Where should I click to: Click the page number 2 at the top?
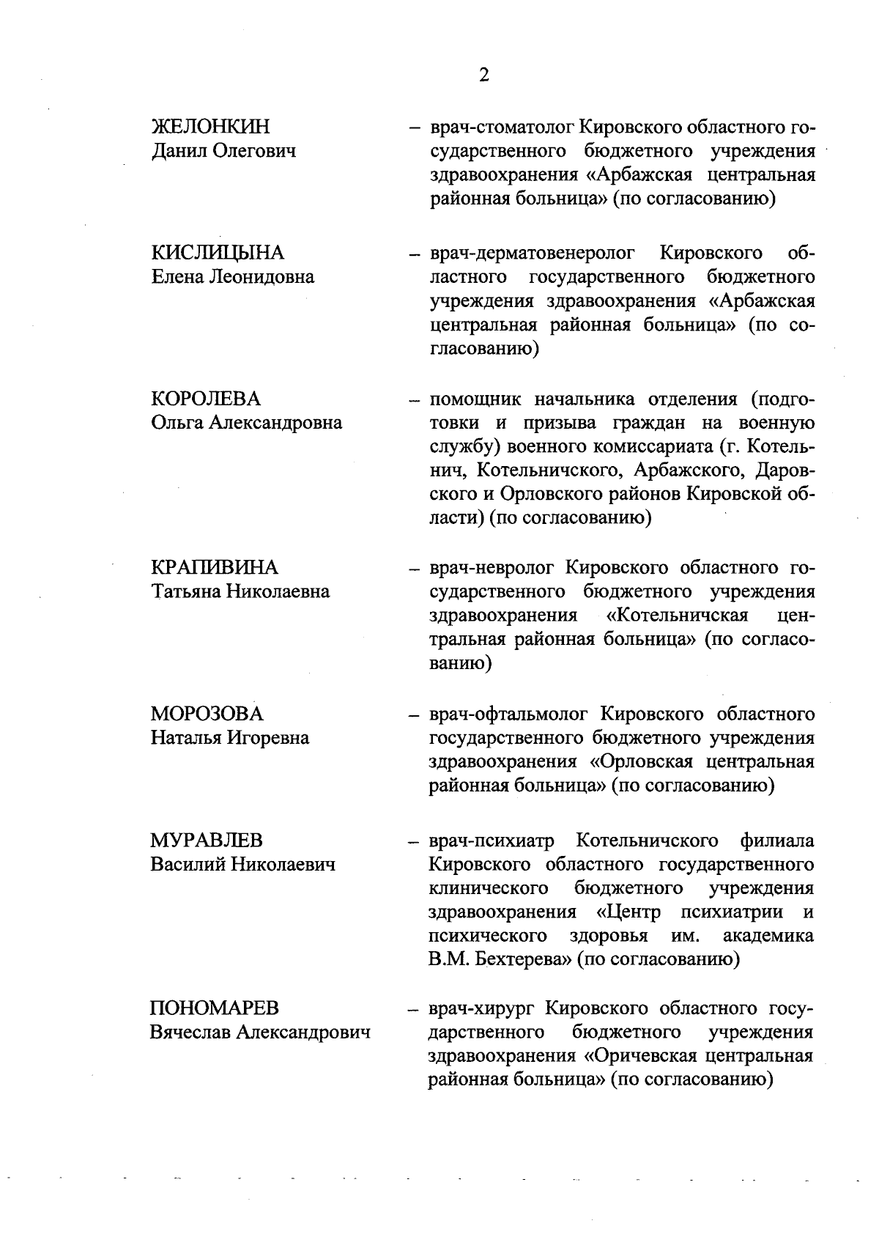pos(483,75)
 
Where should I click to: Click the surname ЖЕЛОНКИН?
pos(211,127)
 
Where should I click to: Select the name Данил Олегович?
pos(223,151)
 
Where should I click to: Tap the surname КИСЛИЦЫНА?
pos(218,253)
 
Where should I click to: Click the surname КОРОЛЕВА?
pos(206,399)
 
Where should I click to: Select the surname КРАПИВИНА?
pos(215,567)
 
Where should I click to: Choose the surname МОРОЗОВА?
pos(207,714)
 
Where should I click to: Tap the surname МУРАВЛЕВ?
pos(207,840)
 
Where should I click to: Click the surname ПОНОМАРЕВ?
pos(215,1008)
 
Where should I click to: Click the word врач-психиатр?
pos(492,841)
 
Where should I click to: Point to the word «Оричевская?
pos(641,1056)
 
